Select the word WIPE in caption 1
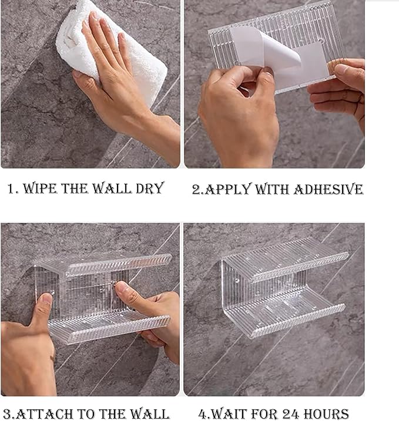point(41,188)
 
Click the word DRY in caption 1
point(150,188)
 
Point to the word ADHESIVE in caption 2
point(328,189)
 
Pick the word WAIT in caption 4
point(232,414)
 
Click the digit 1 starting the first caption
point(11,188)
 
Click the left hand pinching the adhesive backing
point(239,116)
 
